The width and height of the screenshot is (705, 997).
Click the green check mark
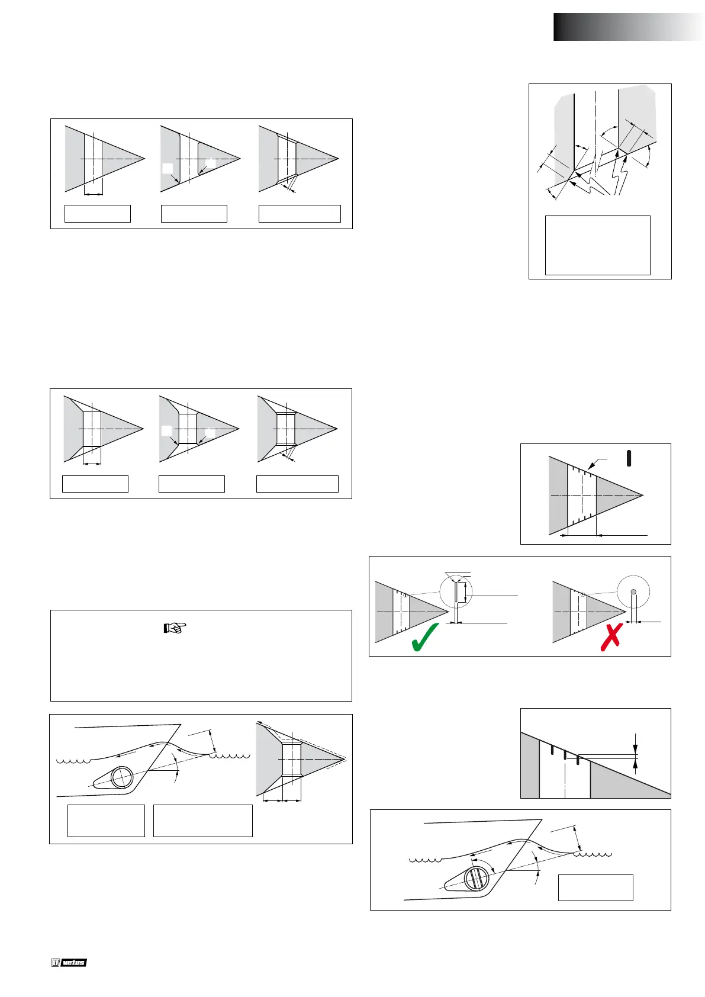(x=424, y=636)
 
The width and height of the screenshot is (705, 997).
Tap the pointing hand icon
(x=175, y=628)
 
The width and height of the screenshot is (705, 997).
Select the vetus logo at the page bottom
(x=69, y=963)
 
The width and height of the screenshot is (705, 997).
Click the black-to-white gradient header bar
(x=629, y=27)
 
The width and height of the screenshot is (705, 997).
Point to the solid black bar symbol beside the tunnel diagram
(x=629, y=458)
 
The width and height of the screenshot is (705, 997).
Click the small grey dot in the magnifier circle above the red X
(x=633, y=591)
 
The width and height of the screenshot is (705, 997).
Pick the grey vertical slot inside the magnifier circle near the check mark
(x=456, y=592)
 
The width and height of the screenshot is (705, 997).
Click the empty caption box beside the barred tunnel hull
(x=595, y=887)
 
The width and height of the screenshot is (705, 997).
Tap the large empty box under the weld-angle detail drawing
(x=597, y=245)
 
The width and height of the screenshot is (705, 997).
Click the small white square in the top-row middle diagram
(x=168, y=168)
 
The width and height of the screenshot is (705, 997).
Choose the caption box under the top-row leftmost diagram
(x=97, y=214)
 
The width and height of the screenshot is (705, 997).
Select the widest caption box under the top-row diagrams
(x=300, y=214)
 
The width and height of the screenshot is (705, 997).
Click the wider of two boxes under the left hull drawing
(x=202, y=821)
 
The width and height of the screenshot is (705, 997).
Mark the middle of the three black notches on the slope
(x=565, y=755)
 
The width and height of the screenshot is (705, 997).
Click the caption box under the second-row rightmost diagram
(x=297, y=484)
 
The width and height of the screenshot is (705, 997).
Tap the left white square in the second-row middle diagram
(x=167, y=430)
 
